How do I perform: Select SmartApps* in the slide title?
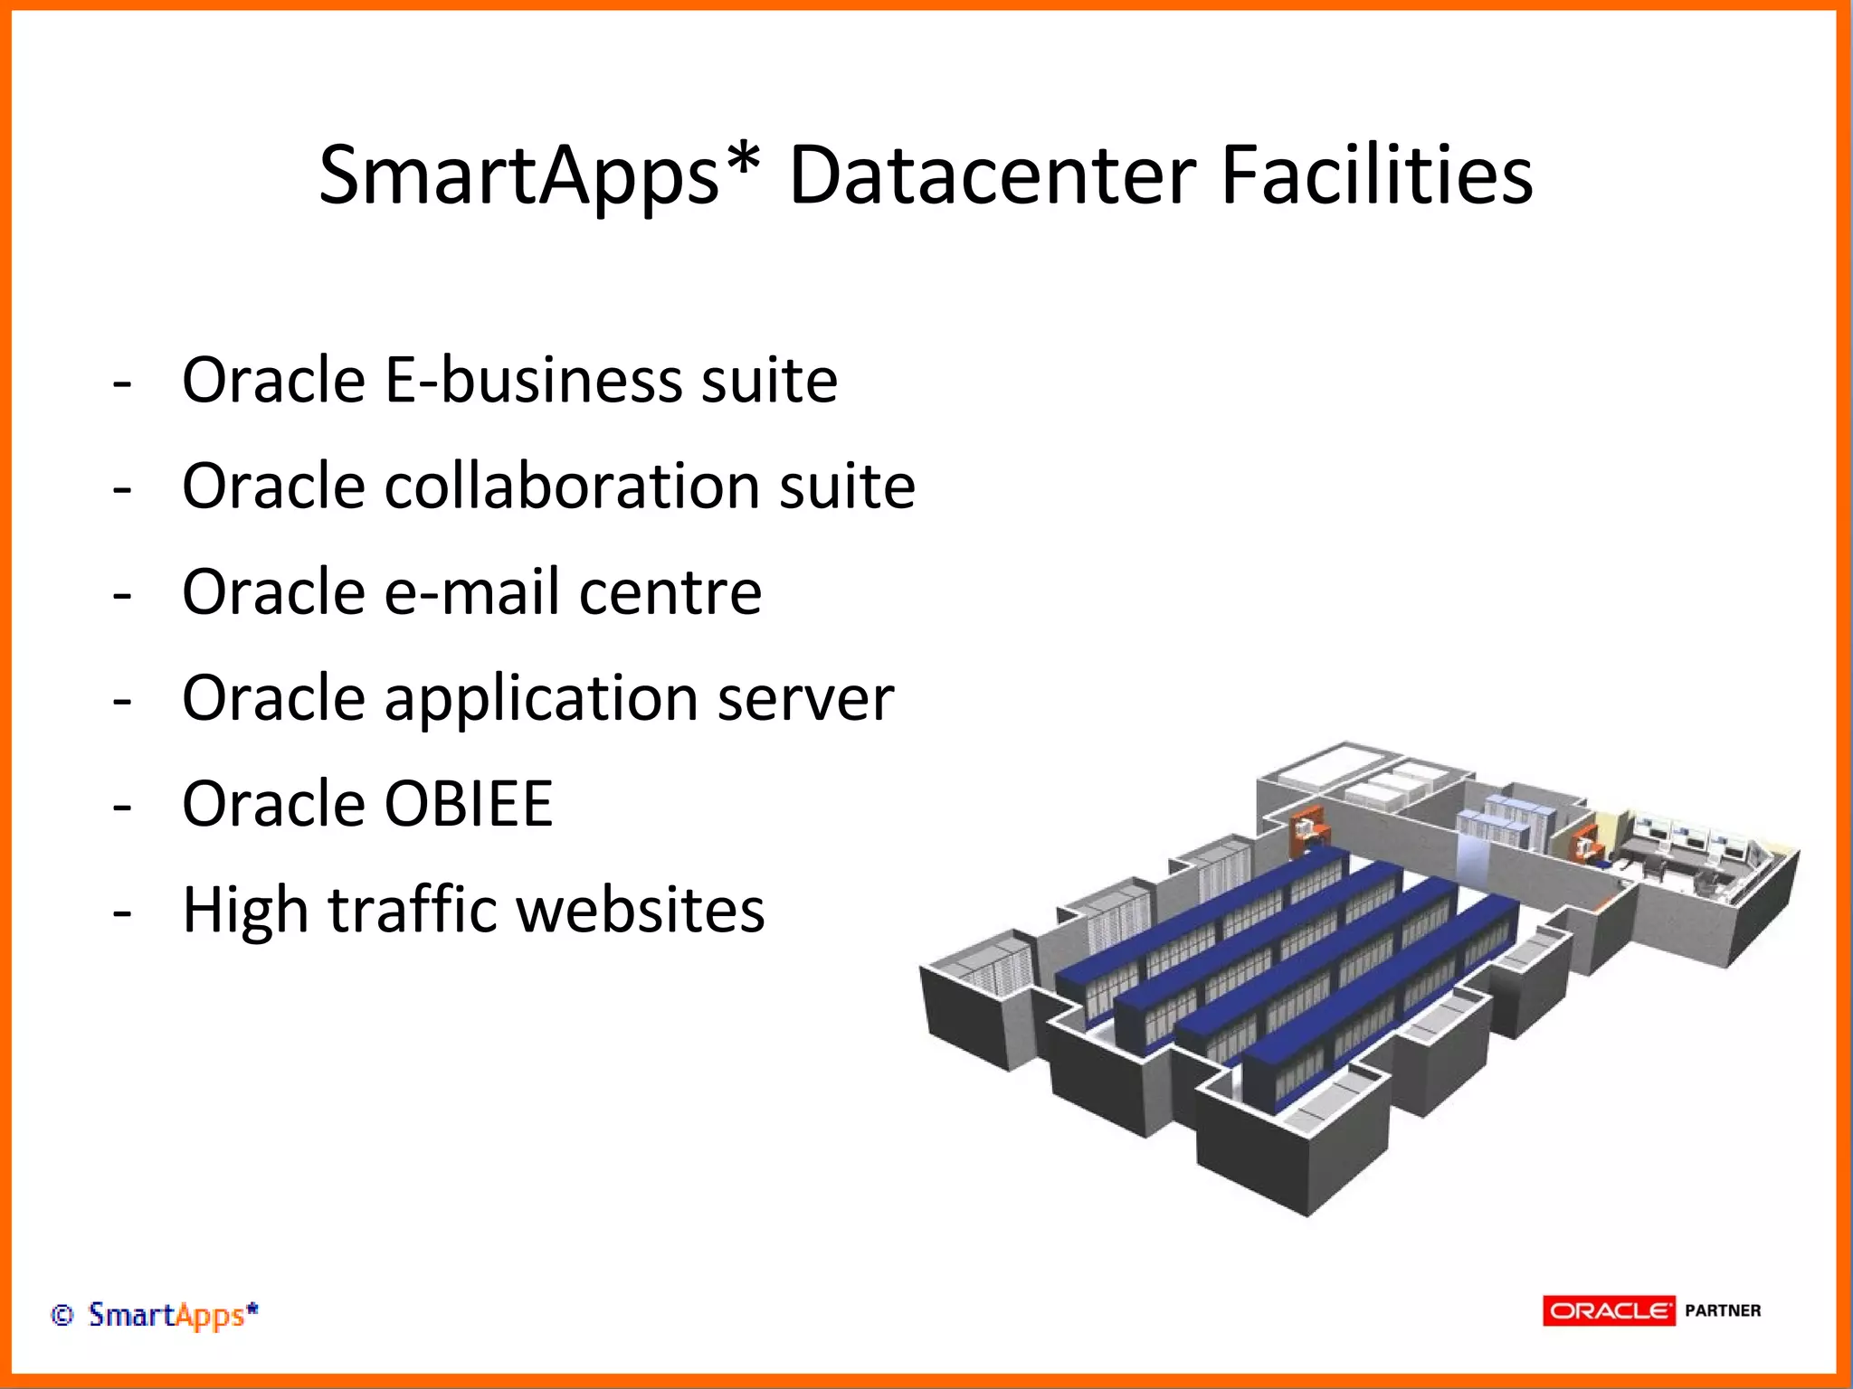518,176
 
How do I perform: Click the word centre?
670,594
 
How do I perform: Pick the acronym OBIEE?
468,804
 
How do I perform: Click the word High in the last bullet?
245,910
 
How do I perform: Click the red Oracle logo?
1609,1310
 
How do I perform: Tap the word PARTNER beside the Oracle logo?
1723,1310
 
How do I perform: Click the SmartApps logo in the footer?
173,1315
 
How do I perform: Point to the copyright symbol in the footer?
62,1315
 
